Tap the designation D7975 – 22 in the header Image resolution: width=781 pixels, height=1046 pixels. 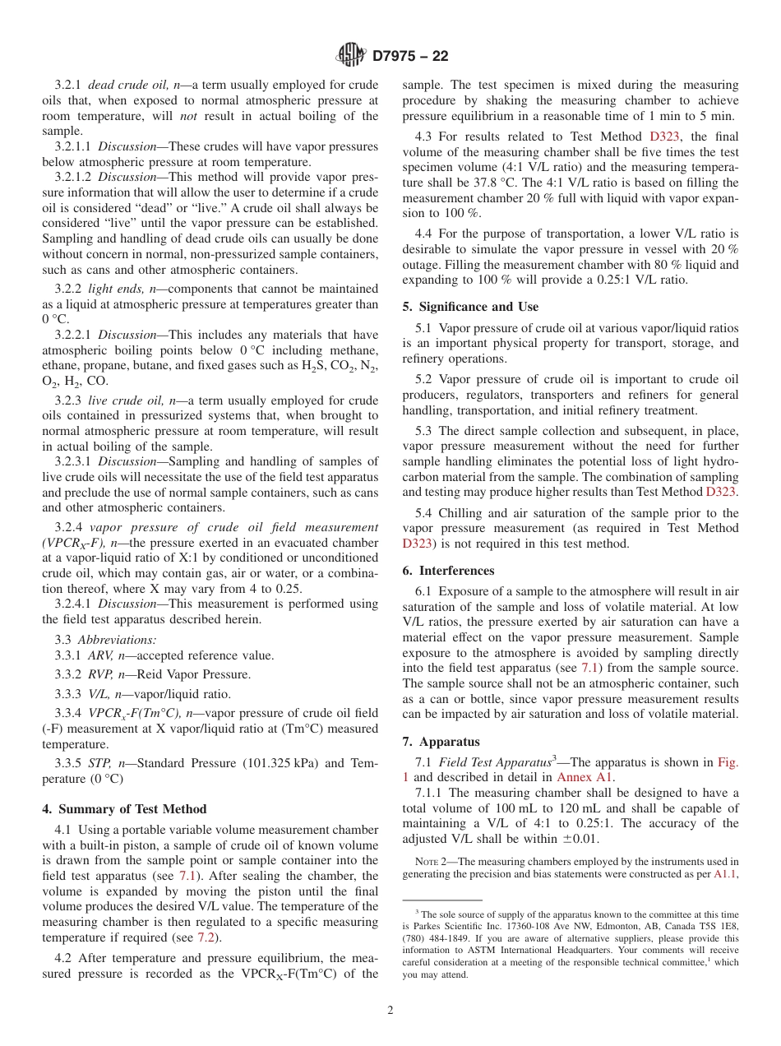pyautogui.click(x=410, y=56)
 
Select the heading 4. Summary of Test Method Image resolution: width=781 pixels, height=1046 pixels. pyautogui.click(x=124, y=809)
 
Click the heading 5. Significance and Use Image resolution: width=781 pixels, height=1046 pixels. pyautogui.click(x=470, y=307)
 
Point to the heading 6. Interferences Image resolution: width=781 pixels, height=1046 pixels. pyautogui.click(x=448, y=571)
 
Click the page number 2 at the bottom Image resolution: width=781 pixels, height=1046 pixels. pyautogui.click(x=390, y=1011)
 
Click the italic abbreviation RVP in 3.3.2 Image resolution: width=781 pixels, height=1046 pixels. pyautogui.click(x=100, y=674)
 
